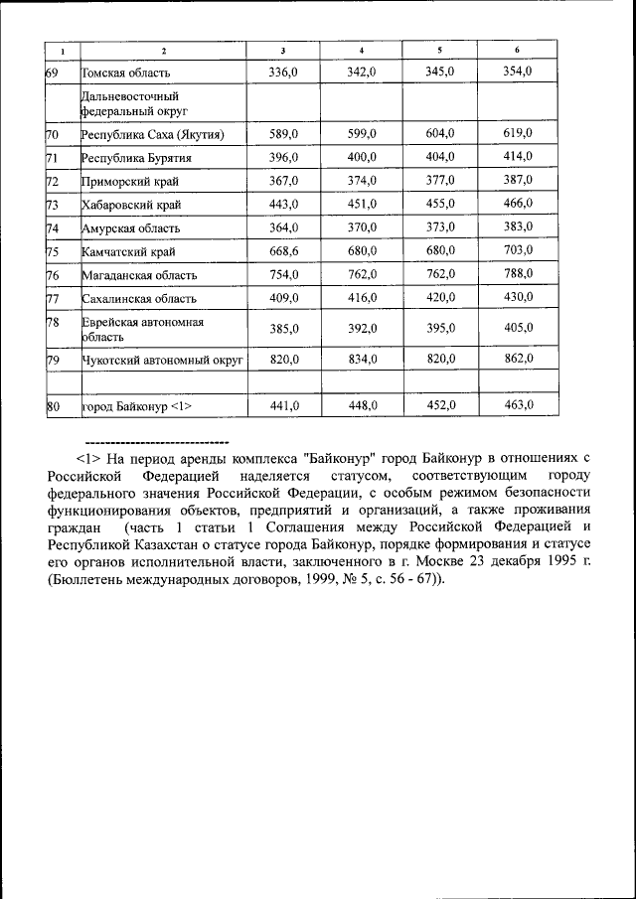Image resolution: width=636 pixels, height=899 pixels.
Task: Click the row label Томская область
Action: click(126, 73)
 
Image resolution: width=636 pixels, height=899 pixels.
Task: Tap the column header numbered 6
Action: click(517, 50)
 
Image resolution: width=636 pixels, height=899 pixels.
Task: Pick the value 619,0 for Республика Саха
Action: click(517, 134)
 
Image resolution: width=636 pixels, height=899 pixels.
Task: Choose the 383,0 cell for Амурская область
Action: click(517, 226)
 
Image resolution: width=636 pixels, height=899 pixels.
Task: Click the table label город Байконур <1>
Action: click(136, 405)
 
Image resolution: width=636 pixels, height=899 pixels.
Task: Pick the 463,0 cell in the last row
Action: click(517, 404)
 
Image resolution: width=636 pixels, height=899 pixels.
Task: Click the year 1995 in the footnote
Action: click(557, 561)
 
